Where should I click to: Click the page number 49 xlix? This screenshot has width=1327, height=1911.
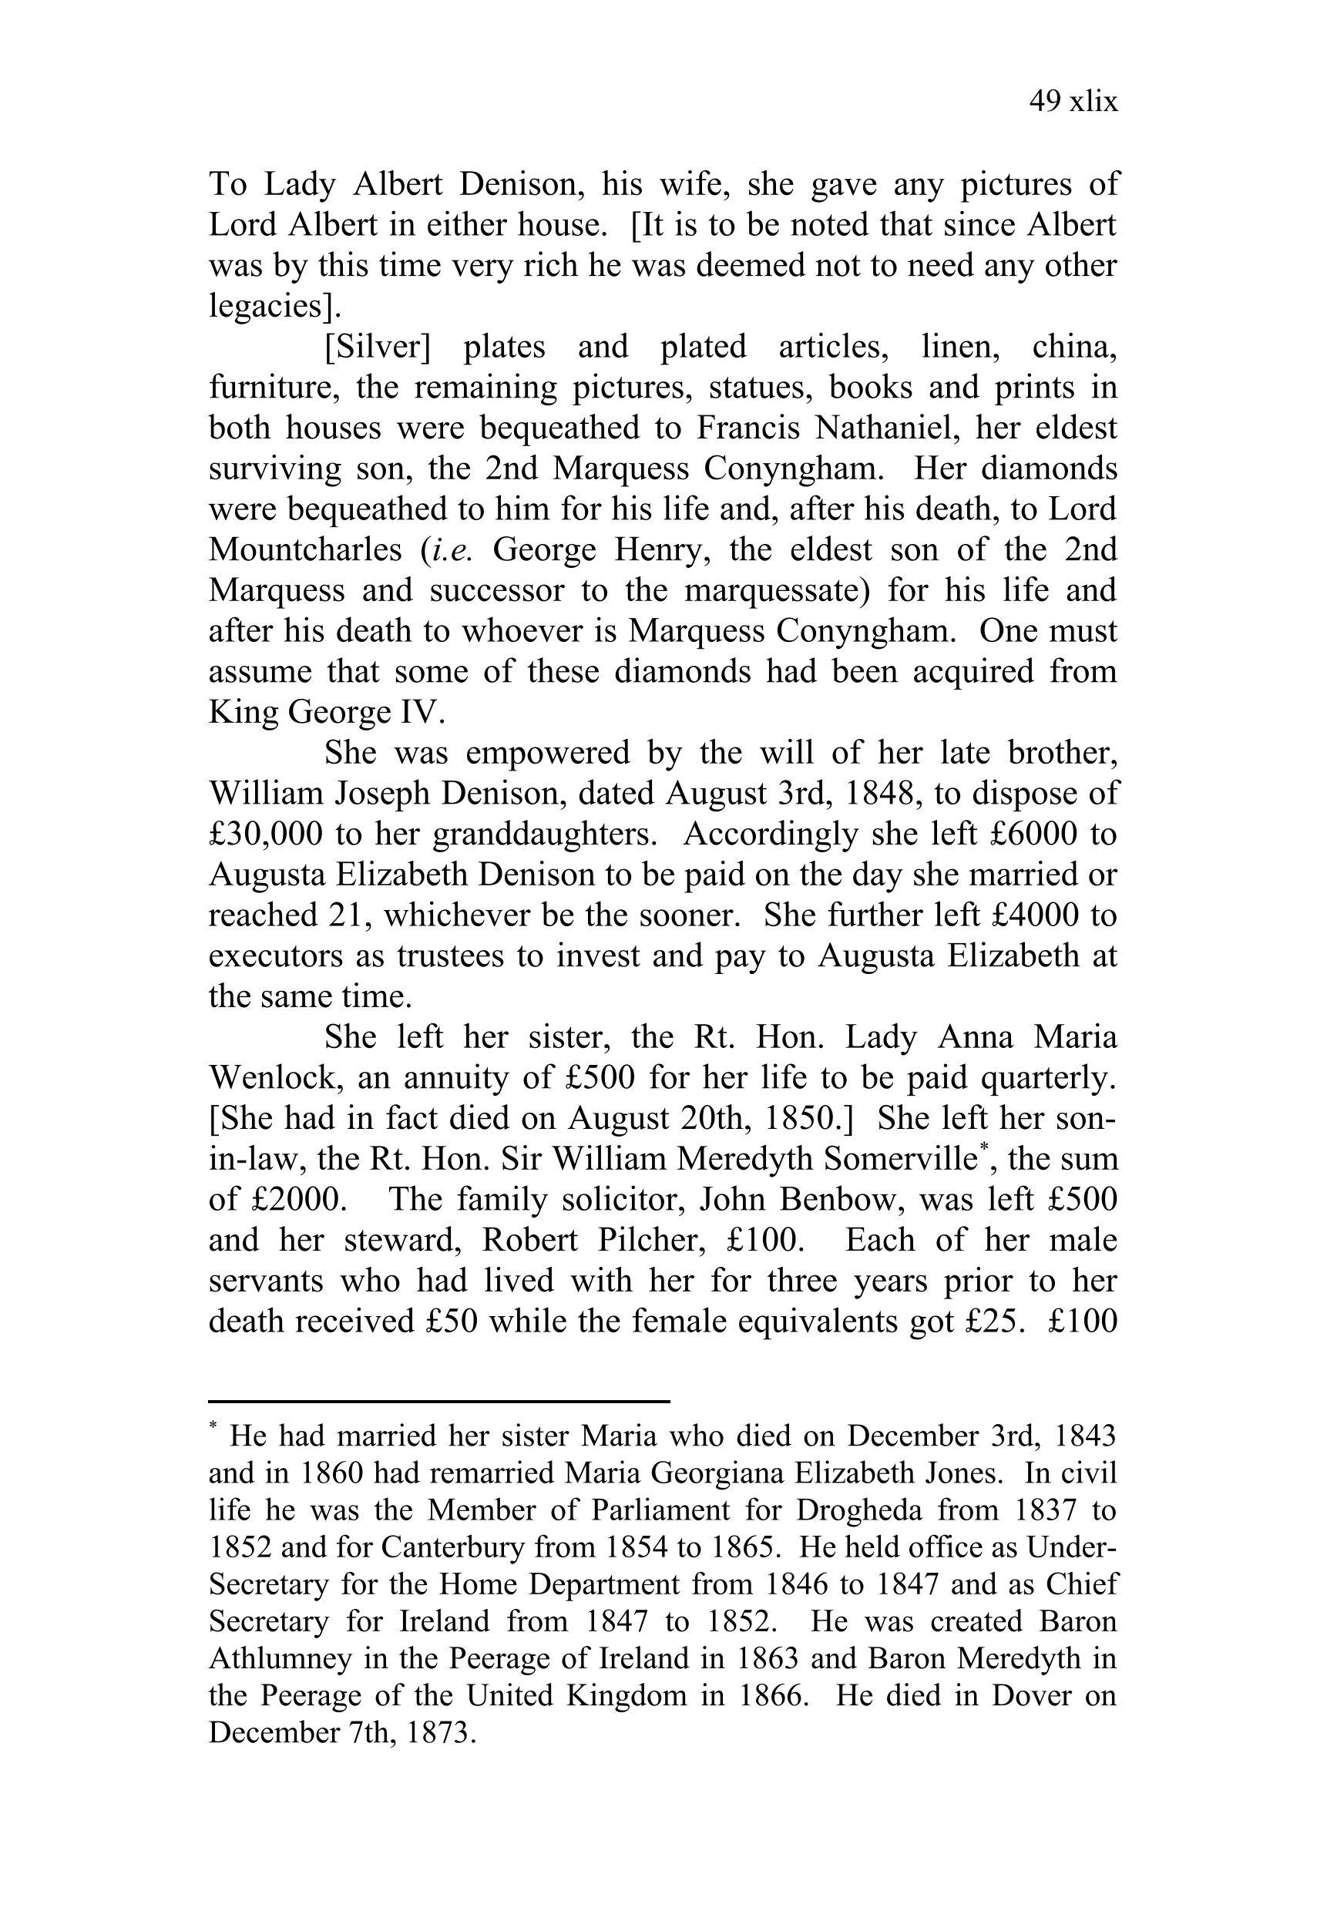(1073, 102)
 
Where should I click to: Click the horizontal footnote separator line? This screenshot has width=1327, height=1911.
(439, 1402)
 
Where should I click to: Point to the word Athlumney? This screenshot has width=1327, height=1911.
(281, 1658)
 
